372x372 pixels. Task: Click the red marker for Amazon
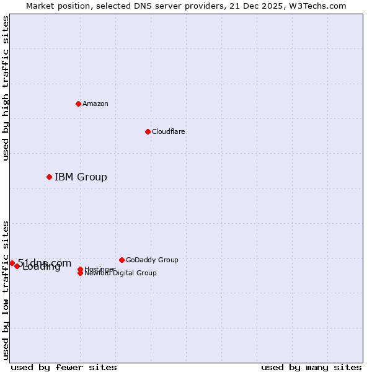tap(78, 104)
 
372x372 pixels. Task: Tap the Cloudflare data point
tap(148, 131)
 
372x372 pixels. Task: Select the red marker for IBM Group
tap(49, 177)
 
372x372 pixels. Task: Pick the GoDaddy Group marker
tap(122, 260)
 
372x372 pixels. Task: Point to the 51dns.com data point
tap(12, 263)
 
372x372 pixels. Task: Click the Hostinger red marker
tap(80, 269)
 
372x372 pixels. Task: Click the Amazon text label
tap(95, 104)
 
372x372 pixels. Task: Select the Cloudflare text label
tap(168, 131)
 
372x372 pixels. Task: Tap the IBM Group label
tap(81, 177)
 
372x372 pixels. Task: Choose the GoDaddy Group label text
tap(152, 260)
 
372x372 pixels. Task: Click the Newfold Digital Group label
tap(120, 273)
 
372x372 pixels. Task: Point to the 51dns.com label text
tap(45, 263)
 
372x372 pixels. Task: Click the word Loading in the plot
tap(42, 267)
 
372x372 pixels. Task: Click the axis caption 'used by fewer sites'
tap(64, 367)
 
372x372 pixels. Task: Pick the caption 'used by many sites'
tap(311, 367)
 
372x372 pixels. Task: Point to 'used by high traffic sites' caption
tap(6, 88)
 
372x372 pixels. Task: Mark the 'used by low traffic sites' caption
tap(6, 290)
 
